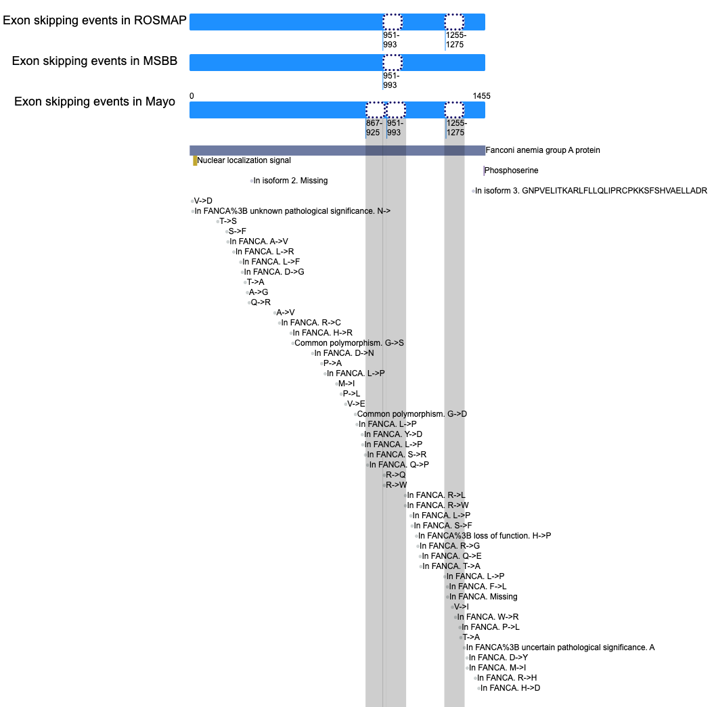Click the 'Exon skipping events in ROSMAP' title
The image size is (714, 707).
pos(95,20)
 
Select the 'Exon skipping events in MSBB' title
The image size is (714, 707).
pos(95,61)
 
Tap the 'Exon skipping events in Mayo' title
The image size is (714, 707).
pos(95,101)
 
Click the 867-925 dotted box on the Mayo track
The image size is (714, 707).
pos(375,110)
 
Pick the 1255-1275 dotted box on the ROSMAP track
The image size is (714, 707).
pos(454,22)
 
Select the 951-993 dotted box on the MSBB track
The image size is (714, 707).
pos(393,62)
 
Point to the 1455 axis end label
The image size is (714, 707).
pos(481,96)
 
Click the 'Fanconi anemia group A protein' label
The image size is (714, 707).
pos(543,150)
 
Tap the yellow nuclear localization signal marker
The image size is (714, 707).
pos(195,161)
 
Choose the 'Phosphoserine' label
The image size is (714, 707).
pos(512,170)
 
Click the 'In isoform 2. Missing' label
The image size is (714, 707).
pos(290,181)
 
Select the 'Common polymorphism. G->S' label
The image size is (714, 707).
pos(349,343)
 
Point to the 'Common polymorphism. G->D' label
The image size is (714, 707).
pos(412,414)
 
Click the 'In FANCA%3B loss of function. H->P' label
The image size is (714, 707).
pos(485,536)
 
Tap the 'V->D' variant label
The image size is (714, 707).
pos(203,201)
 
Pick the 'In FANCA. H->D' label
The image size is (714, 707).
pos(510,688)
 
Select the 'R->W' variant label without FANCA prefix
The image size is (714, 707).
pos(397,485)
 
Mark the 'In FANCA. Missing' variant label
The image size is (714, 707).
pos(483,597)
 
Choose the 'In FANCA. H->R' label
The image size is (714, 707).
pos(322,333)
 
